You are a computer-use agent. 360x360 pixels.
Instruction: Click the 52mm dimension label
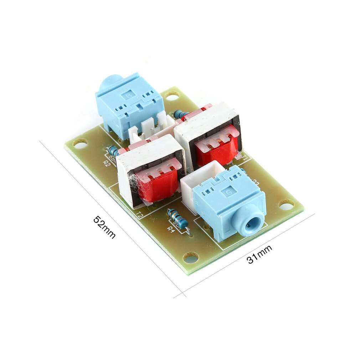click(x=104, y=227)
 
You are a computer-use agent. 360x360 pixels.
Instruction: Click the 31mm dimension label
click(x=259, y=254)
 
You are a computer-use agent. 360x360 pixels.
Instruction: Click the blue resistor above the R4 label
click(x=177, y=217)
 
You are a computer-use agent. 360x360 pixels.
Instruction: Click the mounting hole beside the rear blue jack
click(x=172, y=95)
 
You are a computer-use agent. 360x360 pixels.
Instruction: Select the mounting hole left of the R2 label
click(x=80, y=144)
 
